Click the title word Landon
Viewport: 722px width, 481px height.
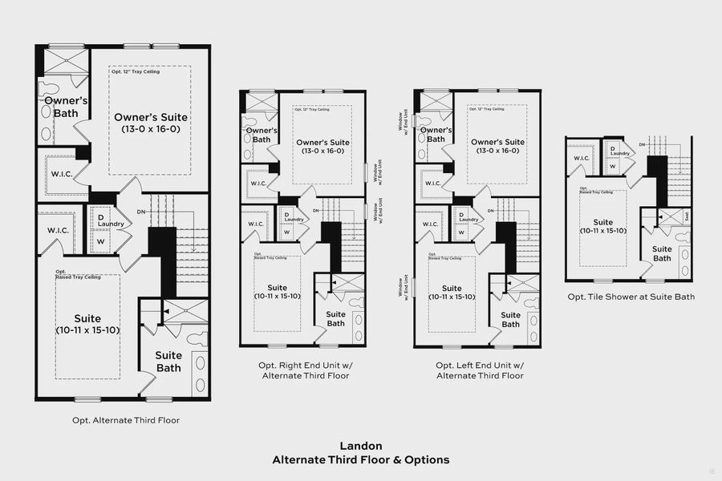[x=360, y=446]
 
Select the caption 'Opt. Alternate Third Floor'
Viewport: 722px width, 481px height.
[x=125, y=420]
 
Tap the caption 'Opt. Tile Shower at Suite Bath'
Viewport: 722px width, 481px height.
[x=631, y=297]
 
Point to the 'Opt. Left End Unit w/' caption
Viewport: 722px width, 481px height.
[x=480, y=365]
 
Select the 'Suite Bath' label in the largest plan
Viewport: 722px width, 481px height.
[x=168, y=362]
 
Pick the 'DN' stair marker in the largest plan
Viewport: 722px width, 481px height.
[x=141, y=212]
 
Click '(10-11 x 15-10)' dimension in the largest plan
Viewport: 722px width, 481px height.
[x=88, y=330]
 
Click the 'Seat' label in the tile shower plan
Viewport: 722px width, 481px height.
[x=686, y=217]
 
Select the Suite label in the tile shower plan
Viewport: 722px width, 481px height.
[x=603, y=222]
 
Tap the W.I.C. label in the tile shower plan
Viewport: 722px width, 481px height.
[x=580, y=158]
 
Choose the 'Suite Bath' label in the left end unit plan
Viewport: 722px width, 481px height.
[x=510, y=320]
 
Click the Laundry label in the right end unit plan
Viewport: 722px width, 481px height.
[x=294, y=220]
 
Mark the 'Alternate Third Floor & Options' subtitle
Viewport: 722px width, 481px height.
[x=360, y=460]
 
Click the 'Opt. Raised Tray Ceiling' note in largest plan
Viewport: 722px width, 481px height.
[x=77, y=274]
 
